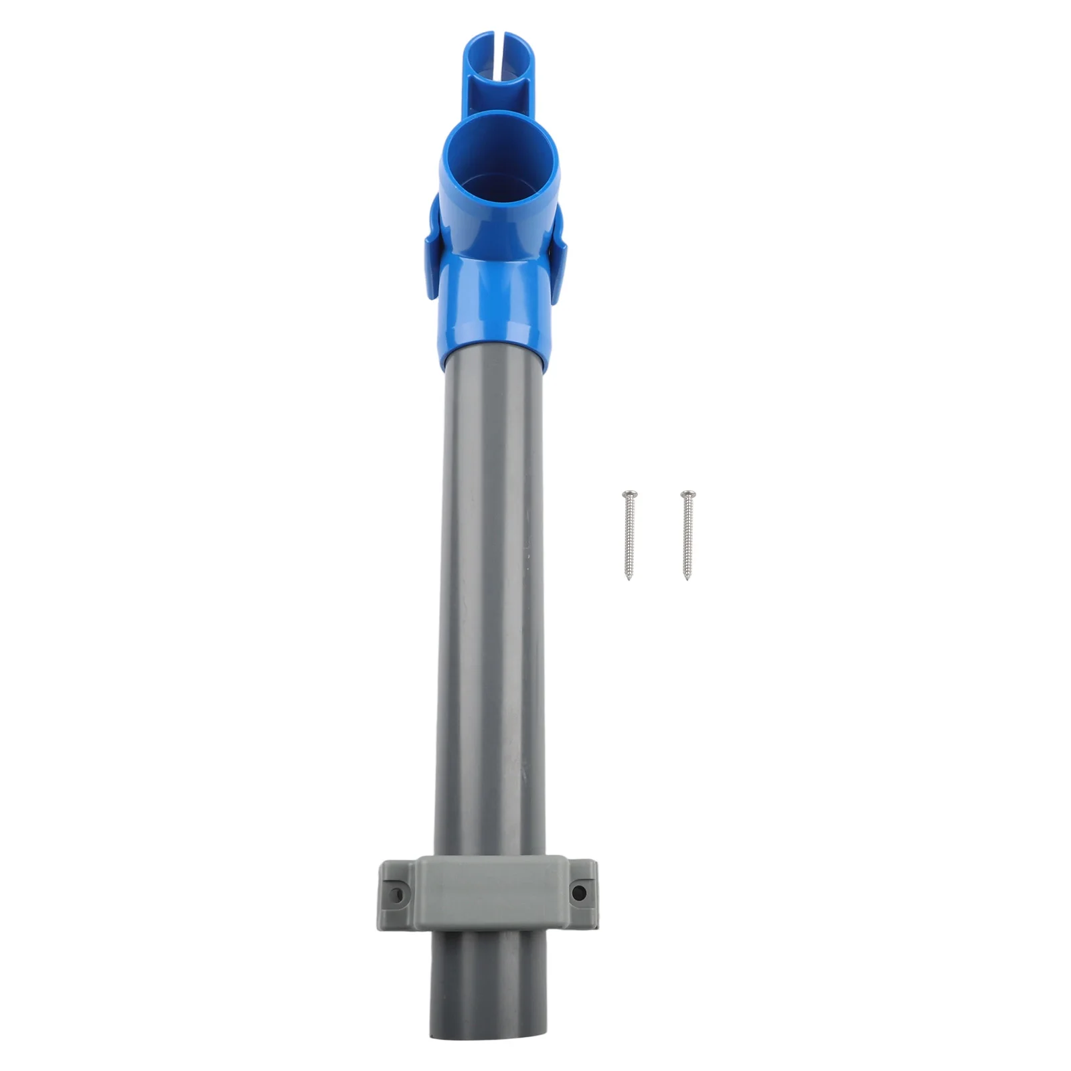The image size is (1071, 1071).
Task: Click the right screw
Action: pyautogui.click(x=685, y=535)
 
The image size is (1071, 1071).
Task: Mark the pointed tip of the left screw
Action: pyautogui.click(x=629, y=579)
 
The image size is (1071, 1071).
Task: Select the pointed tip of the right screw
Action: pyautogui.click(x=687, y=579)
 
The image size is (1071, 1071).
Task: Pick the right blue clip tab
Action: pyautogui.click(x=559, y=268)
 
